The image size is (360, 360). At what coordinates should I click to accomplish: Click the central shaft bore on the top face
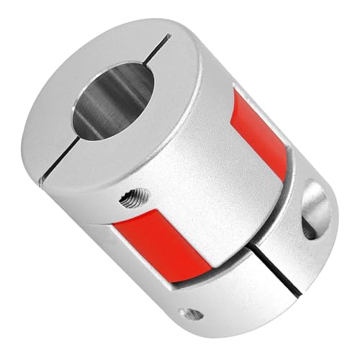tap(113, 101)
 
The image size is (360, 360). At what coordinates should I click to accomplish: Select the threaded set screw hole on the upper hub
tap(135, 198)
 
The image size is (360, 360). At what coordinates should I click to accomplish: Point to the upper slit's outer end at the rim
tap(168, 35)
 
